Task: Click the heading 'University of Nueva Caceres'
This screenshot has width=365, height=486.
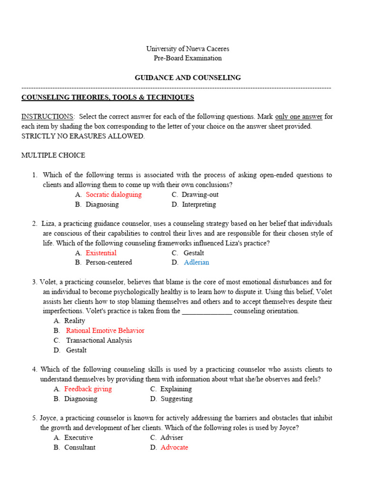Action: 187,48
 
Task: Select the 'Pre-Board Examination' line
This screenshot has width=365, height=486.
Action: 187,58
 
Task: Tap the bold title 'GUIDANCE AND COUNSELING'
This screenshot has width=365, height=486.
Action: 187,77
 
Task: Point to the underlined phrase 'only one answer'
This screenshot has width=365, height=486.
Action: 298,116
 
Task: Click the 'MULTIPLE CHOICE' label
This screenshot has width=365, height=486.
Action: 53,155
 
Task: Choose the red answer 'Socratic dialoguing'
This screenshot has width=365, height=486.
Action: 114,195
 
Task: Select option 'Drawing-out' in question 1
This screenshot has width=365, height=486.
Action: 200,195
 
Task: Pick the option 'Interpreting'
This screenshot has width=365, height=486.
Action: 199,205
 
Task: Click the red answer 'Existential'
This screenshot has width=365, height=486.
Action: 101,253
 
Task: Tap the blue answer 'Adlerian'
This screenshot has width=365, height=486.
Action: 196,262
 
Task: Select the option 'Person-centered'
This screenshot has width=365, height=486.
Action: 109,262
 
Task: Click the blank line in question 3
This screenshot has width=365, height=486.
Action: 207,311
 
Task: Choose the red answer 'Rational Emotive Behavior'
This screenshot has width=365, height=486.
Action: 105,330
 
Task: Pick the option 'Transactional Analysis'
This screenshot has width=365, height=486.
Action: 99,340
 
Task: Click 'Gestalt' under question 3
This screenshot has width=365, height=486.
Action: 76,350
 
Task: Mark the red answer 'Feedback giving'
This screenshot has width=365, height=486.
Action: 88,389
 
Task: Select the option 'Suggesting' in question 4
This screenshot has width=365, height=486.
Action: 176,399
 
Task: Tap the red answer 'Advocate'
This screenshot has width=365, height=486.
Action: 174,447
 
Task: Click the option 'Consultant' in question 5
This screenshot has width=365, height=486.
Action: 80,447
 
